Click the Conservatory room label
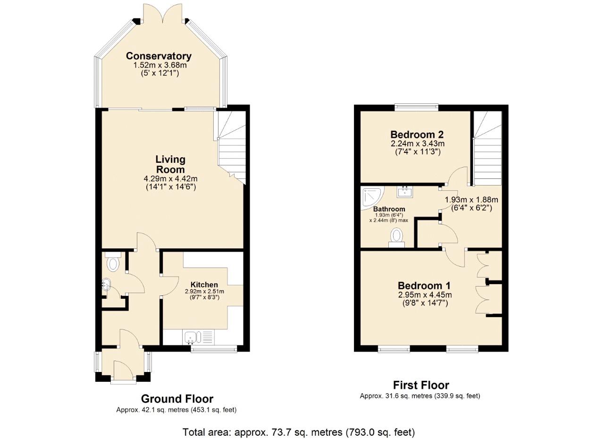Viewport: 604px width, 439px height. click(159, 56)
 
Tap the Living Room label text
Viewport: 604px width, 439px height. click(170, 164)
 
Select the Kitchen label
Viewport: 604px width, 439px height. click(204, 285)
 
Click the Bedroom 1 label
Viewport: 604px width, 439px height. click(424, 286)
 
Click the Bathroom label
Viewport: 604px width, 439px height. click(389, 209)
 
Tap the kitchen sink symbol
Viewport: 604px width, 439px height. click(193, 338)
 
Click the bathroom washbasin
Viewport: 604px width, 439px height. click(405, 191)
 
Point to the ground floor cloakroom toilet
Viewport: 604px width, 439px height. click(113, 262)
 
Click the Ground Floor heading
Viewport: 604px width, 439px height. click(177, 399)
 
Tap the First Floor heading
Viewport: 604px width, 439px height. click(421, 385)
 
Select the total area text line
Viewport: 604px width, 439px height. click(299, 432)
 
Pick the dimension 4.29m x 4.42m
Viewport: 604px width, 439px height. click(170, 179)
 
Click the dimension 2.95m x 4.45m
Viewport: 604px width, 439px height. click(424, 295)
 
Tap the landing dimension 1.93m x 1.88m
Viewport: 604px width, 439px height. click(471, 200)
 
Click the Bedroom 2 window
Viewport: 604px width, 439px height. click(417, 107)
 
